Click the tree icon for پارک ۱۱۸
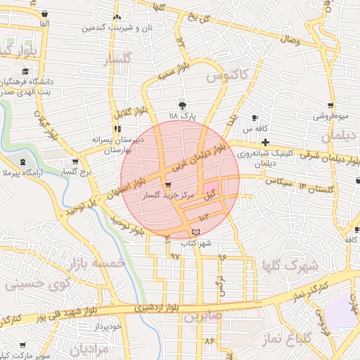tap(183, 105)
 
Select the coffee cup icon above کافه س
tap(254, 117)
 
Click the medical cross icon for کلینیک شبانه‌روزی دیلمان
tap(265, 142)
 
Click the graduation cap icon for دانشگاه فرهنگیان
tap(25, 71)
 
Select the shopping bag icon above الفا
tap(44, 14)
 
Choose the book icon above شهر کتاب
tap(195, 232)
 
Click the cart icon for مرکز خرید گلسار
tap(167, 185)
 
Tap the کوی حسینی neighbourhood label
tap(28, 285)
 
